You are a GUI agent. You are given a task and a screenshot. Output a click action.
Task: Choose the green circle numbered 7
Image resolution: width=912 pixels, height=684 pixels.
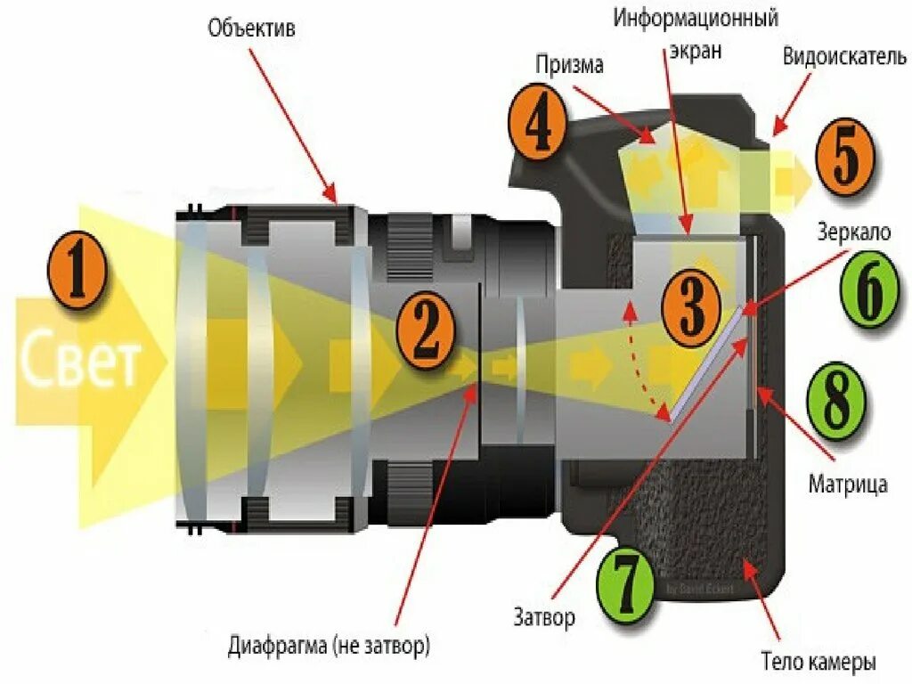[x=627, y=581]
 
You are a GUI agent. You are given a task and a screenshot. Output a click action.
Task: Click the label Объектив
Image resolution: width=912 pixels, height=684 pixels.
[x=252, y=28]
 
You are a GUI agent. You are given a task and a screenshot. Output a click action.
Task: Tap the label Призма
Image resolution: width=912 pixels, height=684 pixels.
[x=569, y=64]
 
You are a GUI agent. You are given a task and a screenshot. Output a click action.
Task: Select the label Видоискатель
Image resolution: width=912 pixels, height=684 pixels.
[x=845, y=57]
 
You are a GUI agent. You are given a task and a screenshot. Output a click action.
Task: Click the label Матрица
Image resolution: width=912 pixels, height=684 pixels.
[x=847, y=484]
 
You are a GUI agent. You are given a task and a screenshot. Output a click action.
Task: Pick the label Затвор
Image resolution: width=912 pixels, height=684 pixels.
[x=544, y=616]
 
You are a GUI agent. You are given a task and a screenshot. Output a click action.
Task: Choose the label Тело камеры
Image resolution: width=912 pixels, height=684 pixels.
[x=818, y=662]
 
